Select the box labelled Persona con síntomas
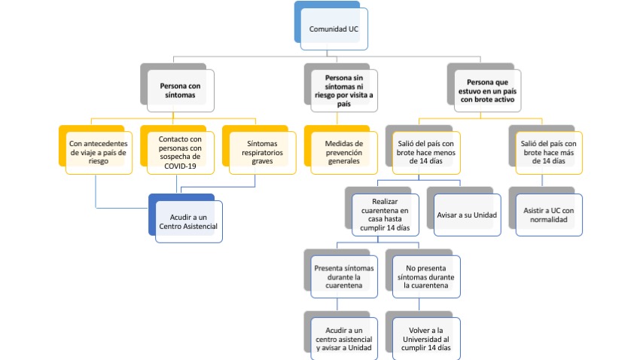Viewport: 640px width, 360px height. click(181, 92)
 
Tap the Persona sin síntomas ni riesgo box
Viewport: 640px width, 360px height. click(343, 92)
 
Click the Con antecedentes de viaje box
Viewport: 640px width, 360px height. click(99, 151)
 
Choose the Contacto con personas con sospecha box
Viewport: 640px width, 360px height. click(181, 153)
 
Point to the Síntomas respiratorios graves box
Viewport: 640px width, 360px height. click(261, 151)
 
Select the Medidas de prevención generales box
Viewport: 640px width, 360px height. click(343, 151)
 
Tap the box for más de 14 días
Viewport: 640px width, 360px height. click(547, 152)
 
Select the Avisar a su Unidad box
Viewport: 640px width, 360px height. click(466, 215)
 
